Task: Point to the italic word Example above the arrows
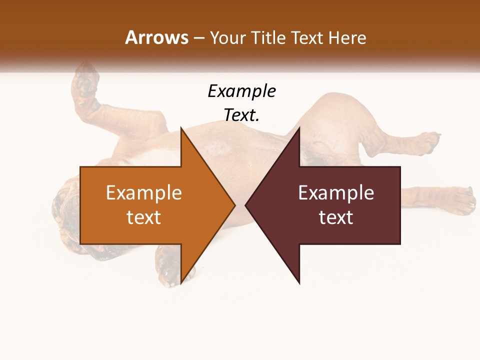pyautogui.click(x=241, y=91)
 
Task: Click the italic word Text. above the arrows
pyautogui.click(x=241, y=115)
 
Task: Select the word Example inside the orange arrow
pyautogui.click(x=143, y=192)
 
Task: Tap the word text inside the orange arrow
pyautogui.click(x=143, y=217)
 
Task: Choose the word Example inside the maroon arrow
pyautogui.click(x=336, y=192)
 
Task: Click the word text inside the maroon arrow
pyautogui.click(x=336, y=217)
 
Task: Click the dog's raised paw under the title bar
pyautogui.click(x=86, y=85)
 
